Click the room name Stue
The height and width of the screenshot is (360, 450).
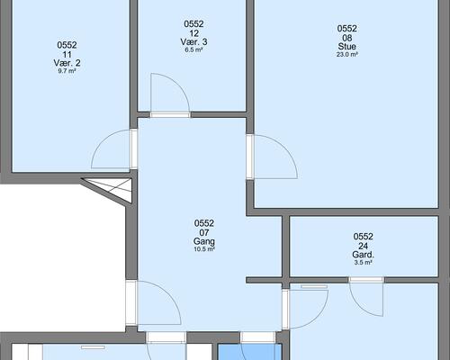[x=347, y=47]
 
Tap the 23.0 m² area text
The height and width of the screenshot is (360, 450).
[x=347, y=55]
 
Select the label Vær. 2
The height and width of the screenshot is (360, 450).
[x=67, y=63]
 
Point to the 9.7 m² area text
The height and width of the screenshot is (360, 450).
[x=67, y=71]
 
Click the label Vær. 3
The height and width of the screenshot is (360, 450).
[x=193, y=41]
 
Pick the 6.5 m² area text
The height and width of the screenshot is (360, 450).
[x=193, y=49]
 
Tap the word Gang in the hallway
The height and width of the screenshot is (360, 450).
[x=204, y=241]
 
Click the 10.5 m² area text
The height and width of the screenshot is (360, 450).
[x=204, y=249]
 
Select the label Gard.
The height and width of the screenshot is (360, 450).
[x=364, y=255]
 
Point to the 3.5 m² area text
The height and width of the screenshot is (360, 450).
[x=364, y=263]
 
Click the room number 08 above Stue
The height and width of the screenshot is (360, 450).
[x=347, y=38]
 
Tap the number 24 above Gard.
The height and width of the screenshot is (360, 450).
[x=364, y=246]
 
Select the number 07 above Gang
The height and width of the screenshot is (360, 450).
[x=204, y=232]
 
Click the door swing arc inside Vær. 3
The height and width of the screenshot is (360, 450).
[x=178, y=85]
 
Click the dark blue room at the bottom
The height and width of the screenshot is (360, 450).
[x=249, y=352]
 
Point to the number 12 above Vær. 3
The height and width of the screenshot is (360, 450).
[x=193, y=33]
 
